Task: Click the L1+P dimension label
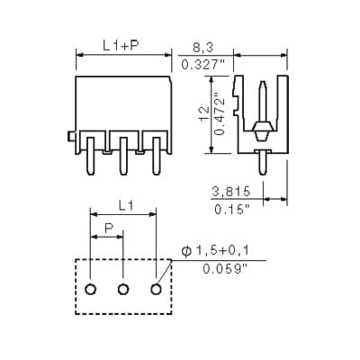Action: pyautogui.click(x=121, y=46)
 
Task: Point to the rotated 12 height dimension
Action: pyautogui.click(x=204, y=113)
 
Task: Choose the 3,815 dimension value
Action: pyautogui.click(x=230, y=191)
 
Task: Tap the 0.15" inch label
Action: pyautogui.click(x=232, y=209)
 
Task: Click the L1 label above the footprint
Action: pyautogui.click(x=126, y=205)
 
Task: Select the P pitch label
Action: pyautogui.click(x=109, y=229)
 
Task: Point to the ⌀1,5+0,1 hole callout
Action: pyautogui.click(x=215, y=251)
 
